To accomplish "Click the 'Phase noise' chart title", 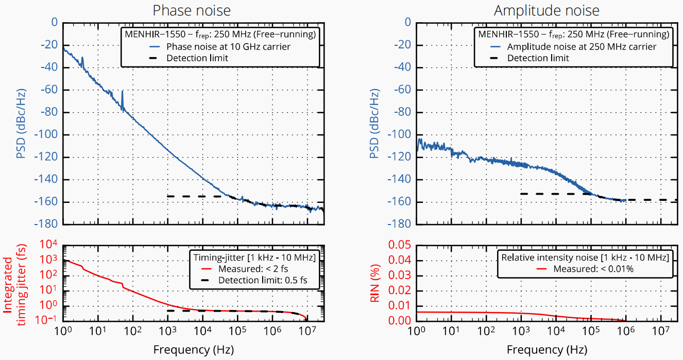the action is pos(192,10).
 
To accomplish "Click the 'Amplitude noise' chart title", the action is pos(547,10).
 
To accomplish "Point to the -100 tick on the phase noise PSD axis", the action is pos(46,134).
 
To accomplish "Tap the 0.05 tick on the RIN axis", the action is pos(399,245).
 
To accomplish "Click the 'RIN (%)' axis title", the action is pos(374,283).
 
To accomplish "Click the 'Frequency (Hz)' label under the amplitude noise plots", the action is pos(547,350).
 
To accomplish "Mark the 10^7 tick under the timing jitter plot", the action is pos(307,331).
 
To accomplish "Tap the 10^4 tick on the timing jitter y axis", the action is pos(48,245).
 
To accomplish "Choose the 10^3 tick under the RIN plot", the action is pos(521,331).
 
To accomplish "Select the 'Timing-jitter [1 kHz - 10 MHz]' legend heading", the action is pos(254,258).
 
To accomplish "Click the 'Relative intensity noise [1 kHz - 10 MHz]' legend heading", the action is pos(585,258).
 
